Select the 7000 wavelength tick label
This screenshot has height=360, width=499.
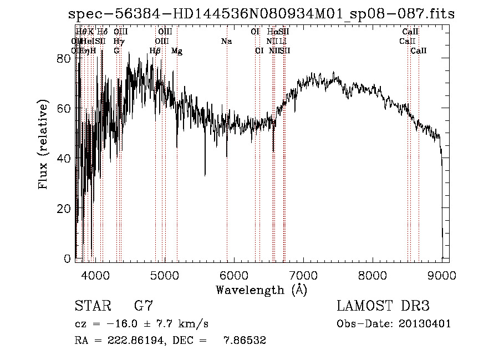[x=303, y=275]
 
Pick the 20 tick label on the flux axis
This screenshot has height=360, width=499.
[x=64, y=208]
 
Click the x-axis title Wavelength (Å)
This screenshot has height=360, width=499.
[x=261, y=290]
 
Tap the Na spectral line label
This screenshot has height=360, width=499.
[x=226, y=41]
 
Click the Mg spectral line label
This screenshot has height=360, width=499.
[x=177, y=51]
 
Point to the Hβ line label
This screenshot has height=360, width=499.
[x=155, y=51]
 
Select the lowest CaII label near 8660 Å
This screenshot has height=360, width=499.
[x=419, y=51]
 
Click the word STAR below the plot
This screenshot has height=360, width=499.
[x=92, y=306]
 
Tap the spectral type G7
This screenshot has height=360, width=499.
[x=144, y=306]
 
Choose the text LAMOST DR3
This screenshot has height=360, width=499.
[x=383, y=306]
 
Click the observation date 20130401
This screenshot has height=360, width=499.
[x=426, y=323]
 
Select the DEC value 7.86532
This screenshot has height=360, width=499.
[x=245, y=341]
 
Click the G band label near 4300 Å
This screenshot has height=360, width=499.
[x=116, y=51]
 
